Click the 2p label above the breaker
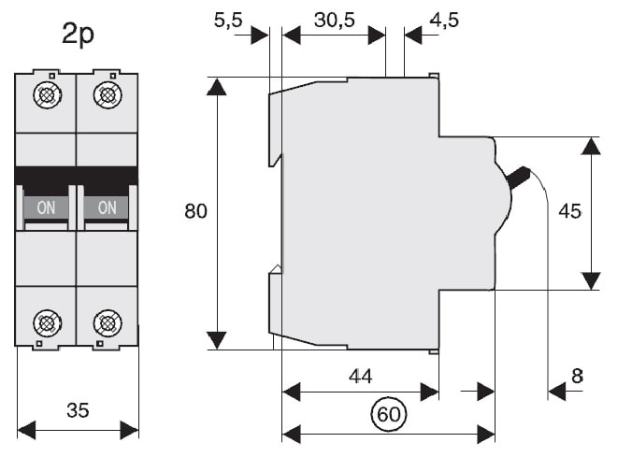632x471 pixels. (79, 36)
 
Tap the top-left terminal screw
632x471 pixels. (47, 94)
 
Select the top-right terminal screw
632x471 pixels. (108, 94)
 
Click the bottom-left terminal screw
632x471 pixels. (47, 323)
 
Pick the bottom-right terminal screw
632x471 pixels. (108, 323)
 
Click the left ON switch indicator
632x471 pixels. (46, 207)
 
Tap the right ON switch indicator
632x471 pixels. (108, 207)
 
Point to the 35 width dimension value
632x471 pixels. (79, 408)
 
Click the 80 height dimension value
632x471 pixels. (195, 211)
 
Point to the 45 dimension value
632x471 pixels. (569, 211)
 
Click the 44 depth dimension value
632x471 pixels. (360, 376)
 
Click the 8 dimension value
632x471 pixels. (577, 376)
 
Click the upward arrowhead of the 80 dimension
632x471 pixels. (217, 87)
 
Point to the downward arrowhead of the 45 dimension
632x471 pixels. (591, 280)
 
